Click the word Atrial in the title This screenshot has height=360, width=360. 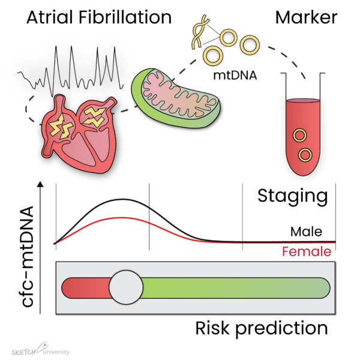(x=50, y=17)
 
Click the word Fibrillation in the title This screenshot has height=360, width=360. (x=125, y=17)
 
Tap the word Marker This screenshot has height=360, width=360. (x=306, y=17)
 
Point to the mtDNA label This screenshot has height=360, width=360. (x=235, y=76)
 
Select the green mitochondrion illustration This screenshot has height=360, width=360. (x=176, y=98)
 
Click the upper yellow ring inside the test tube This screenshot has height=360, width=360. (x=299, y=136)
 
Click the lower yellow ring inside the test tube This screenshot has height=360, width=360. (x=305, y=155)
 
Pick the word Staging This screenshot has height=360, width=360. (x=293, y=196)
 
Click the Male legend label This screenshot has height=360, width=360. (x=306, y=232)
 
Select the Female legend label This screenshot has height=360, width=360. (x=307, y=251)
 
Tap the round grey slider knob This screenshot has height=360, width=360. (x=126, y=287)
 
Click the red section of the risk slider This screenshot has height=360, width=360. (x=86, y=288)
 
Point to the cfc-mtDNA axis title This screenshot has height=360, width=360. (x=28, y=256)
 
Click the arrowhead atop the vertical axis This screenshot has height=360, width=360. (x=40, y=184)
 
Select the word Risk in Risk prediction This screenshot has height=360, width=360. (x=212, y=328)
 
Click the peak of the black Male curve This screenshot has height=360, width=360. (x=123, y=199)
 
